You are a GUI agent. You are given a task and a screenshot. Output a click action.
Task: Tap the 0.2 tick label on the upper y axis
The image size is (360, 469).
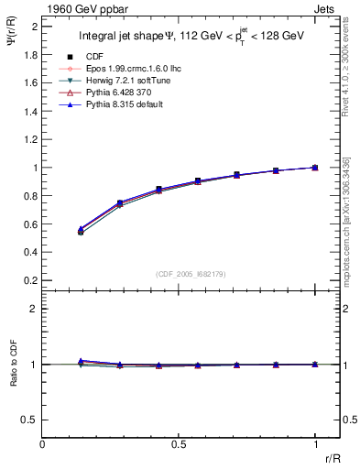29,280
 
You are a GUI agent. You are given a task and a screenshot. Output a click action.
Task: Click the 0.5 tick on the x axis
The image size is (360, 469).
180,442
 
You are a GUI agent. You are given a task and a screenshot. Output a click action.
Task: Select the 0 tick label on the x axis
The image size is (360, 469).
43,442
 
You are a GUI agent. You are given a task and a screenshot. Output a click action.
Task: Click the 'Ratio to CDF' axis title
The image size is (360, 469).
15,378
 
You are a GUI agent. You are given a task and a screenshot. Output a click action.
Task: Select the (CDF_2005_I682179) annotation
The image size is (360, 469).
180,275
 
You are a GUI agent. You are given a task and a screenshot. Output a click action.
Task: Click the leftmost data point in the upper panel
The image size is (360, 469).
81,232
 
